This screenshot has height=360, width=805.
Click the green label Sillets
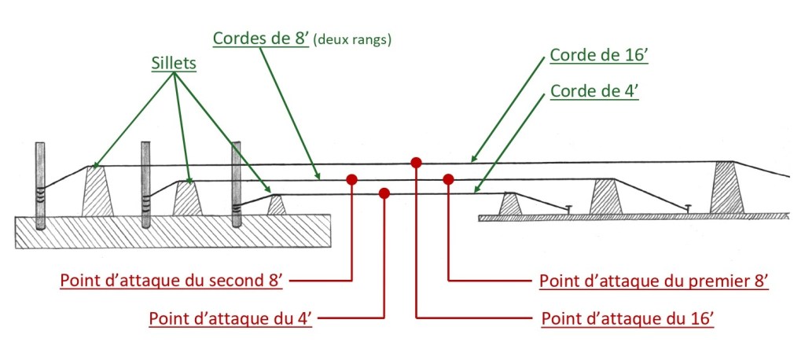pos(173,63)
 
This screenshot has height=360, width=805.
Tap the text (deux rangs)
pos(352,39)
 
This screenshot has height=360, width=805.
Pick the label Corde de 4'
pos(594,91)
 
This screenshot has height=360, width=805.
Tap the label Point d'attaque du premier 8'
pos(653,280)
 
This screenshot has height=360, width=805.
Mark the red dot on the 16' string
pos(417,163)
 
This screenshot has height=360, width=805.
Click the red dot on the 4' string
pos(384,193)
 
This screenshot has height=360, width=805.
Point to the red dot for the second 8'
pos(351,179)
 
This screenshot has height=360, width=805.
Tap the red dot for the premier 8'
pos(448,179)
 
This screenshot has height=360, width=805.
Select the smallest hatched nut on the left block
pos(277,204)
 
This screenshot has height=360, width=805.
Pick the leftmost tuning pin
pos(41,186)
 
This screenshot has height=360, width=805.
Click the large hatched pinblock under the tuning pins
pos(173,232)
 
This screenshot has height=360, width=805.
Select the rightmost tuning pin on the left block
pos(236,185)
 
